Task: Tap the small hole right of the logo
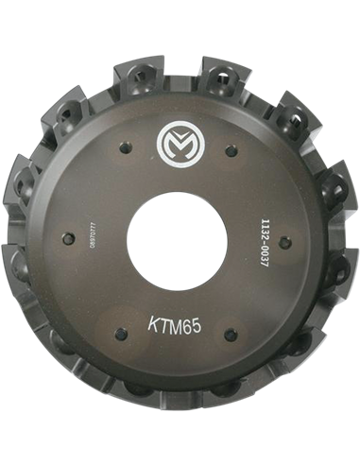point(230,148)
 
